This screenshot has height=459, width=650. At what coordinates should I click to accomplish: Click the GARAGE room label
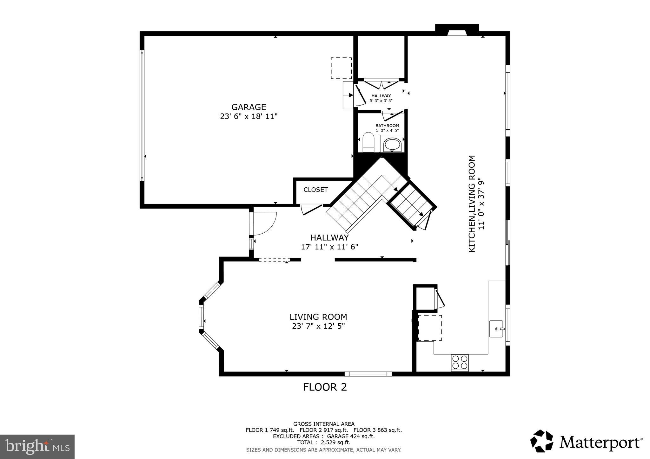pyautogui.click(x=249, y=107)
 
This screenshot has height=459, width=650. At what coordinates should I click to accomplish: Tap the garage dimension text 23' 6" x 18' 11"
pyautogui.click(x=249, y=117)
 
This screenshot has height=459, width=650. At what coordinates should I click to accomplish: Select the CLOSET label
pyautogui.click(x=315, y=190)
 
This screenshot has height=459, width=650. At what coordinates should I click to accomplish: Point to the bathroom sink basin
pyautogui.click(x=393, y=145)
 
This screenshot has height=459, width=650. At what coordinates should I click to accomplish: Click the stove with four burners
pyautogui.click(x=460, y=362)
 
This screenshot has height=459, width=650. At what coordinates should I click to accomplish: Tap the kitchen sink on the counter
pyautogui.click(x=496, y=329)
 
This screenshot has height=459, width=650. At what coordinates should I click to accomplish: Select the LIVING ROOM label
pyautogui.click(x=318, y=317)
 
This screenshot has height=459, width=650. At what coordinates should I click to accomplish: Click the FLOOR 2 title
pyautogui.click(x=325, y=387)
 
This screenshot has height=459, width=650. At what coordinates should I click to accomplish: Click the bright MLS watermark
pyautogui.click(x=37, y=447)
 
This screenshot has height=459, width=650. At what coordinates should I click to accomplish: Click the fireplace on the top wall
pyautogui.click(x=457, y=30)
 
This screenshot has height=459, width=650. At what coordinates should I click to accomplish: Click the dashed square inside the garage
pyautogui.click(x=341, y=68)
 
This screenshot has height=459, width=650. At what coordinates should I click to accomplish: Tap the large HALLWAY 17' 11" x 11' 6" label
pyautogui.click(x=329, y=242)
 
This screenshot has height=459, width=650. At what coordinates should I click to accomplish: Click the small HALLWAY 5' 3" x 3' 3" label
pyautogui.click(x=381, y=98)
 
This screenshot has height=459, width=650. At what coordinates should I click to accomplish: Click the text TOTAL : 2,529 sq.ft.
pyautogui.click(x=323, y=443)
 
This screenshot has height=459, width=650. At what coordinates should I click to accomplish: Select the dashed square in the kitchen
pyautogui.click(x=430, y=328)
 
